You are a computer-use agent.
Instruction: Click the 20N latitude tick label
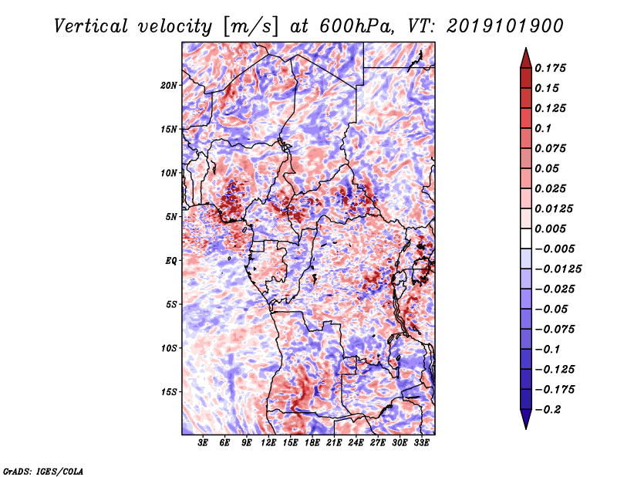(169, 85)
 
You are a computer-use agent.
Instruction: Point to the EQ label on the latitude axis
(171, 261)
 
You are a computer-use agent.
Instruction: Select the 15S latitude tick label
(169, 392)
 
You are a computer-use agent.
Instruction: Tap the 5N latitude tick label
(171, 217)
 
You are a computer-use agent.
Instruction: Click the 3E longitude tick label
(203, 443)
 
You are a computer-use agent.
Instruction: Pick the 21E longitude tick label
(334, 443)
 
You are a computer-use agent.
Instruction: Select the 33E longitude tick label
(421, 443)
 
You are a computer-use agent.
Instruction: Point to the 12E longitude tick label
(268, 443)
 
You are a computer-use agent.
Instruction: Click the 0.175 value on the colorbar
(550, 68)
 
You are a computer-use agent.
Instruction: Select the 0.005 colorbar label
(550, 228)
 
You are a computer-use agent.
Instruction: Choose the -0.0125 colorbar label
(558, 269)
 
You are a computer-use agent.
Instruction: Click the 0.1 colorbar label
(543, 128)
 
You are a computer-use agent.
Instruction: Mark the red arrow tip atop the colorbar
(526, 48)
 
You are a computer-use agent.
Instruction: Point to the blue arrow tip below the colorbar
(526, 428)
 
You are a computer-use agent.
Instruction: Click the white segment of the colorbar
(526, 238)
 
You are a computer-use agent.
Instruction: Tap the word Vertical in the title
(91, 26)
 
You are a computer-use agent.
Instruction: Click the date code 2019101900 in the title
(505, 26)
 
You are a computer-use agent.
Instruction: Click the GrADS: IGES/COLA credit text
(43, 471)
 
